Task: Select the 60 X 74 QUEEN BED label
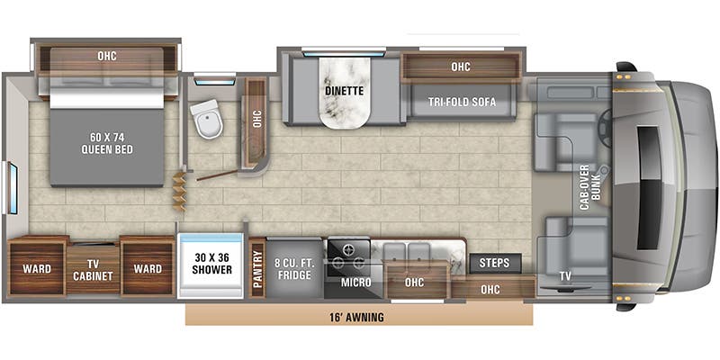107,143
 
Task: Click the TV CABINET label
93,269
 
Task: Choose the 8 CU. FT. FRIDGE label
295,268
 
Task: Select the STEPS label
494,263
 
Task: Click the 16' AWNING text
358,317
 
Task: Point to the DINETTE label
343,90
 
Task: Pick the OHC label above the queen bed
107,57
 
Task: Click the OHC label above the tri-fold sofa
461,66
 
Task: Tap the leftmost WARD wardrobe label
37,269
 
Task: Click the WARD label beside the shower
148,269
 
